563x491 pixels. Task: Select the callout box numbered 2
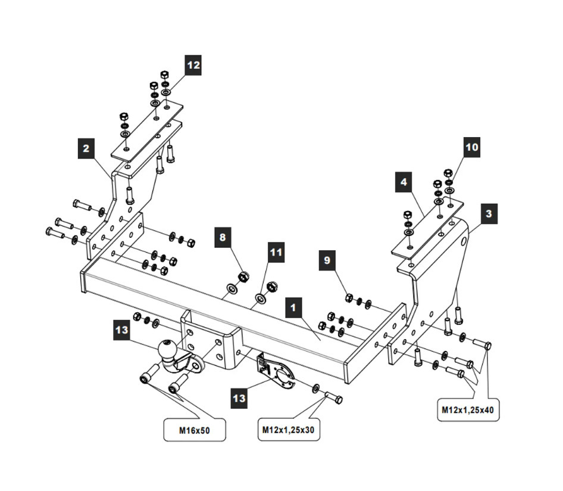pos(87,148)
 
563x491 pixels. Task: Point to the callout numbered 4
pos(404,182)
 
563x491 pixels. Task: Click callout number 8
pos(223,238)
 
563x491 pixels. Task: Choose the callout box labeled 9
pos(327,260)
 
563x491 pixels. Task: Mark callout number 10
pos(472,147)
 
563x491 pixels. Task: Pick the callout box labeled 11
pos(276,252)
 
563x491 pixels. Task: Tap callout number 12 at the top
pos(192,65)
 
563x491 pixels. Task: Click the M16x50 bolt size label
pos(195,430)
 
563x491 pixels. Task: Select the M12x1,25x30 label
pos(289,429)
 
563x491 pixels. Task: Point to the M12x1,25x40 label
pos(467,410)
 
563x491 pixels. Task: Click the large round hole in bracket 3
pos(463,241)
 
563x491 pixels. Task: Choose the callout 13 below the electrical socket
pos(239,397)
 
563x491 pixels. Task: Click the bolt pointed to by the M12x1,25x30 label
pos(334,397)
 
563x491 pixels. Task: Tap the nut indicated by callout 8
pos(243,276)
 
